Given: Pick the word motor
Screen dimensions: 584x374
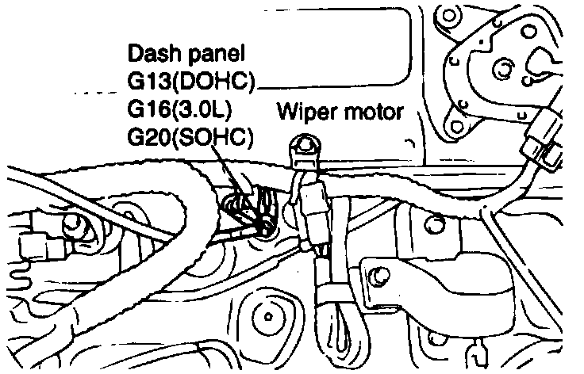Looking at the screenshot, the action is click(x=374, y=110).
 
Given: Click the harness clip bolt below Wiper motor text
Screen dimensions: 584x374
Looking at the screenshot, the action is click(x=302, y=146).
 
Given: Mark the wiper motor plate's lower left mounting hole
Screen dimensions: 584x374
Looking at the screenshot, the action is click(x=454, y=126).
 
